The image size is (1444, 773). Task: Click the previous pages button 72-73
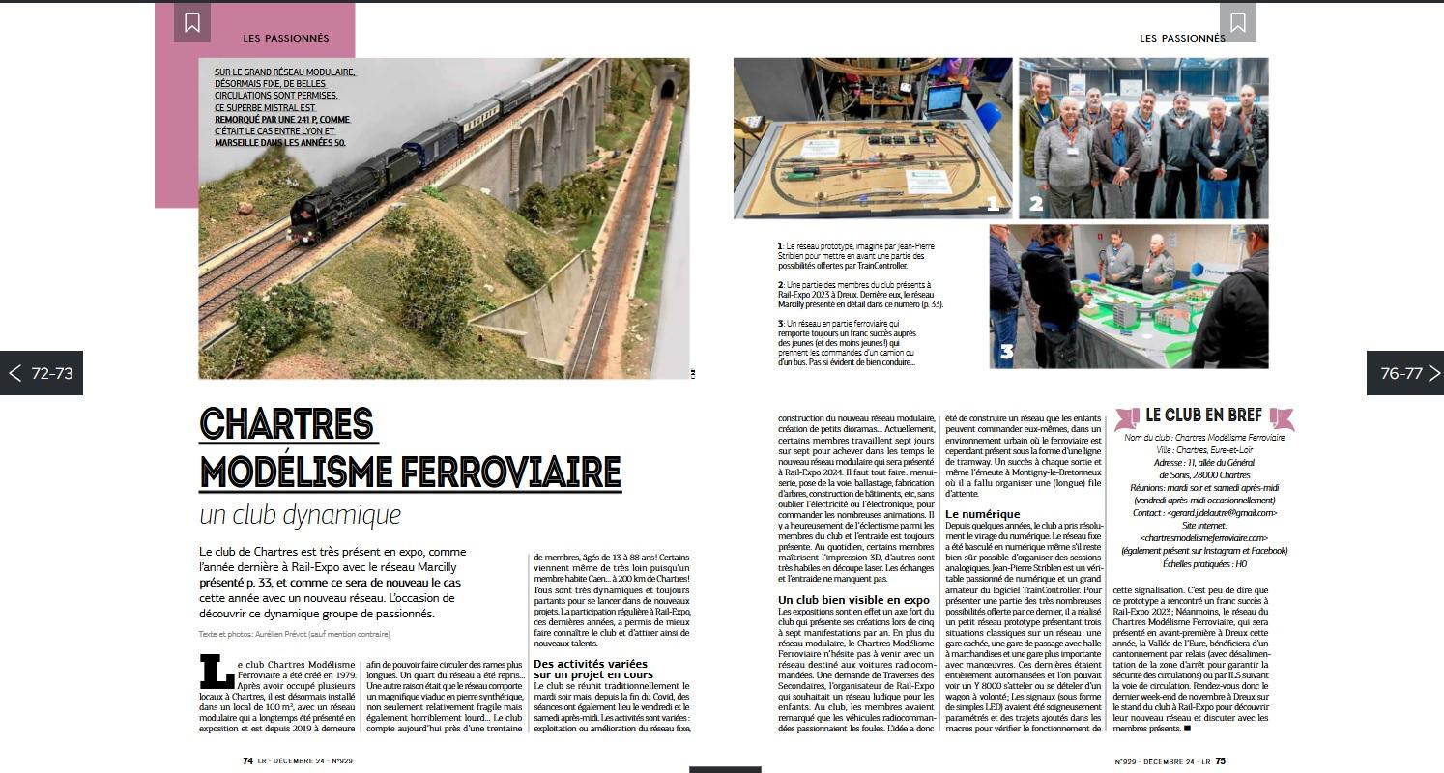(x=42, y=373)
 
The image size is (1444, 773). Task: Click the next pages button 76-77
(x=1403, y=373)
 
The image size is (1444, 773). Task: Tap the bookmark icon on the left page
(x=192, y=22)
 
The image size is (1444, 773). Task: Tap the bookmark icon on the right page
(x=1237, y=22)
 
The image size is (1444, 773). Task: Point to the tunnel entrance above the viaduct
(x=667, y=90)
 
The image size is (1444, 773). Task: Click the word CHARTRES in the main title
(x=287, y=424)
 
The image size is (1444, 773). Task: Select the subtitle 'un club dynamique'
(x=300, y=514)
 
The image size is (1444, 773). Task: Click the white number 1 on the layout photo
(x=992, y=203)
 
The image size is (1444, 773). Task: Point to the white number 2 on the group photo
(x=1036, y=203)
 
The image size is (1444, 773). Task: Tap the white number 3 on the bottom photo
(x=1006, y=352)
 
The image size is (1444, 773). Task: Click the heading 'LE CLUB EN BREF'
(x=1203, y=415)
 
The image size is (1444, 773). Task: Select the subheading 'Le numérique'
(x=980, y=514)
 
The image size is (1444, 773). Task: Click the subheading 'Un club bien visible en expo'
(x=853, y=600)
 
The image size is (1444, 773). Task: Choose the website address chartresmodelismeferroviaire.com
(x=1203, y=538)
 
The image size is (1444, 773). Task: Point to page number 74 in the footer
(x=247, y=760)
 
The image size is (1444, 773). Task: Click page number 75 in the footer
(x=1220, y=760)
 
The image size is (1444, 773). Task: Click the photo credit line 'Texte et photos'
(x=294, y=634)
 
